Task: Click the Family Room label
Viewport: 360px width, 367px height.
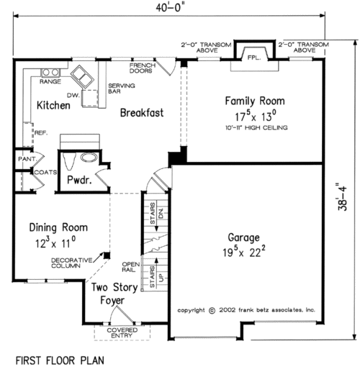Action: coord(255,101)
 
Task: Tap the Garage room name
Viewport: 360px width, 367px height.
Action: coord(245,237)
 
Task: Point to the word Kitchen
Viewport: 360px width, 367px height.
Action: coord(53,106)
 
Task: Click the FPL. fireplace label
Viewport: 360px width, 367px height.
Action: coord(253,57)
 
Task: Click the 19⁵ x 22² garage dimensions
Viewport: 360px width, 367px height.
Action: coord(245,252)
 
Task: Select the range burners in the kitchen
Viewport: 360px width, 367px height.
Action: coord(50,72)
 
